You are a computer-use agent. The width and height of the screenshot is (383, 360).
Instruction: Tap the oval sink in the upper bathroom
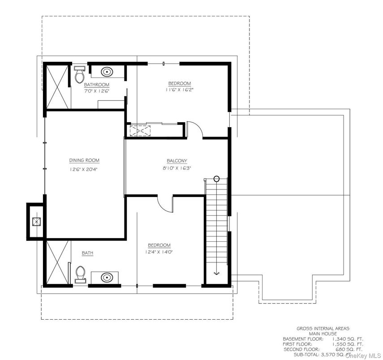tap(107, 71)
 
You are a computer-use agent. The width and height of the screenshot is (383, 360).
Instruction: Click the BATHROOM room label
tap(97, 85)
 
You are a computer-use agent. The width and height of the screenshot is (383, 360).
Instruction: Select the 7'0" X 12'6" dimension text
tap(97, 91)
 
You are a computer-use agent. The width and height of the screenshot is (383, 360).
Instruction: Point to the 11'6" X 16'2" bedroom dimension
tap(180, 90)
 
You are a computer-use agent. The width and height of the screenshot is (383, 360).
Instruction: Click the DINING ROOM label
tap(84, 160)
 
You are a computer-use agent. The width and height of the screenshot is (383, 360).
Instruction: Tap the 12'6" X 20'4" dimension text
tap(84, 169)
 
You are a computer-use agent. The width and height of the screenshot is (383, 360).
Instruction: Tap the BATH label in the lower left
tap(87, 253)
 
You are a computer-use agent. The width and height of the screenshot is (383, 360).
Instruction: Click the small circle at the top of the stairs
tap(216, 179)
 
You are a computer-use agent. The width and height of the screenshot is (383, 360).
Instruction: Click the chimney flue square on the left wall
tap(35, 221)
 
